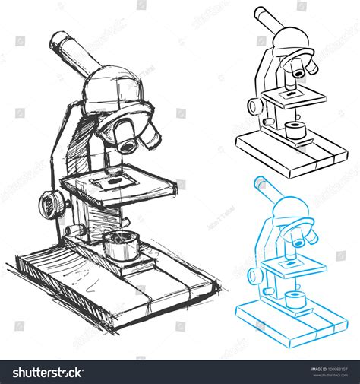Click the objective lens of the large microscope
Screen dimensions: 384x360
[x=127, y=139]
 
